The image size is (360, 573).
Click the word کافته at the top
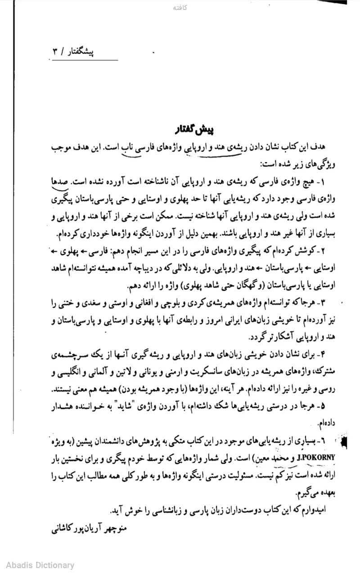180,8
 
